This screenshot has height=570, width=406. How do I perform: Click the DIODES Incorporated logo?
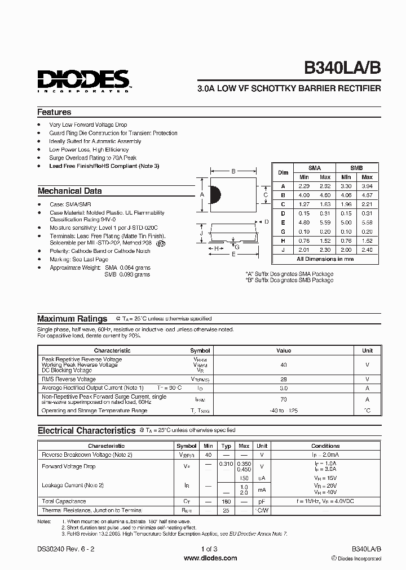(x=83, y=80)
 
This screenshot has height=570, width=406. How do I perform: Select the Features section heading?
(x=54, y=112)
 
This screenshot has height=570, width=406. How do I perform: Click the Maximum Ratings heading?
(x=72, y=318)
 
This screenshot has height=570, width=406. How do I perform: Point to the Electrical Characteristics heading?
(x=86, y=430)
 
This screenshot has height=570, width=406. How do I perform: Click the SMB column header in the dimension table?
(x=356, y=168)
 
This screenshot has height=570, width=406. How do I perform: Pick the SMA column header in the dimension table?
(x=315, y=168)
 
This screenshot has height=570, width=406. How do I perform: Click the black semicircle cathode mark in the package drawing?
(x=215, y=194)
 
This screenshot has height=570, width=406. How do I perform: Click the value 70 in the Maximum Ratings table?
(x=284, y=399)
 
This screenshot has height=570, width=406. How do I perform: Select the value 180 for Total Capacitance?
(x=226, y=501)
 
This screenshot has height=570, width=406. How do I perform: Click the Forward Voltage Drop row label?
(x=69, y=466)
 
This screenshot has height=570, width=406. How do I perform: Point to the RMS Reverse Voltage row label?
(x=69, y=379)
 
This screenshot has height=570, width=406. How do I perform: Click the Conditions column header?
(x=325, y=446)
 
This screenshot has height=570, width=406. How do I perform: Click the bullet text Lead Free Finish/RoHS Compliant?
(x=104, y=166)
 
